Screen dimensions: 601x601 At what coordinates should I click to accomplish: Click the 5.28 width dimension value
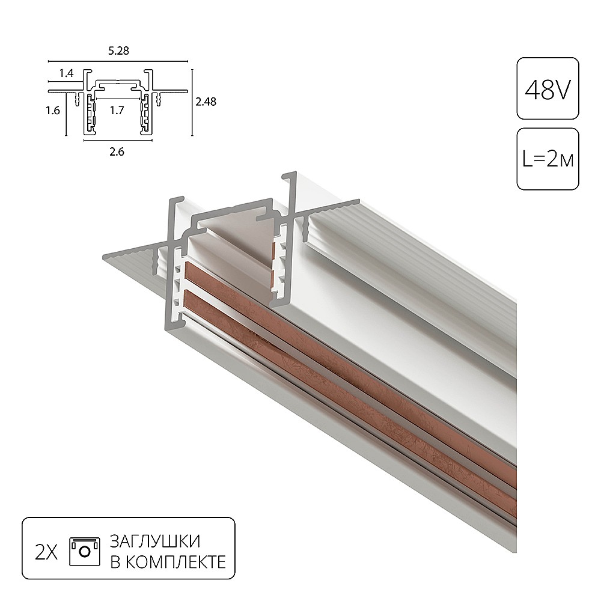point(118,51)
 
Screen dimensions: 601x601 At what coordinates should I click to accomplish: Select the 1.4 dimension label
point(66,74)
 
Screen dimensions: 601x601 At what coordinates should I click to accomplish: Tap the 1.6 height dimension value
point(54,111)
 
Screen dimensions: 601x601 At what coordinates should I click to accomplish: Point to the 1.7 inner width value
point(117,110)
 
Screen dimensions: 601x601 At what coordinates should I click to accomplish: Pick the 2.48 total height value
point(206,102)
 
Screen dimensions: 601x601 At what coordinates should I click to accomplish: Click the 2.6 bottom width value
point(117,152)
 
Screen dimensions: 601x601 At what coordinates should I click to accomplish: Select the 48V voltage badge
point(548,89)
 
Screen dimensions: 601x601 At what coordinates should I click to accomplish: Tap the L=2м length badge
point(548,159)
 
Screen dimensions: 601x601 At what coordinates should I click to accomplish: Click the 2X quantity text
point(46,551)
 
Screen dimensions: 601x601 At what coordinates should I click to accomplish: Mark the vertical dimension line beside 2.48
point(192,102)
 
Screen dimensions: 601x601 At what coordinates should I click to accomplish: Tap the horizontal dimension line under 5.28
point(118,61)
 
